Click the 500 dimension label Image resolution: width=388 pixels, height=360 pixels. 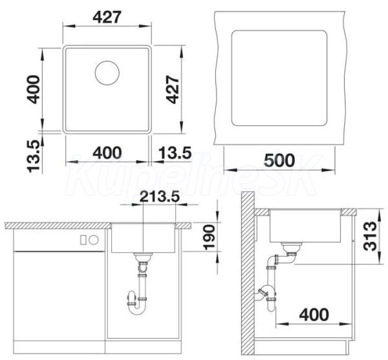(x=279, y=160)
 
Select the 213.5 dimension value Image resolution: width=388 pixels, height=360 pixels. (x=159, y=196)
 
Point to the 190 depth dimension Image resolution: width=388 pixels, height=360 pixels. (x=209, y=237)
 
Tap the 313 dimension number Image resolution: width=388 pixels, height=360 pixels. (x=370, y=236)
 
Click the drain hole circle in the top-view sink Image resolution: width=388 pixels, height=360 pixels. (x=107, y=73)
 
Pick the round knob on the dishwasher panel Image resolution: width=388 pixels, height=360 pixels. (x=94, y=240)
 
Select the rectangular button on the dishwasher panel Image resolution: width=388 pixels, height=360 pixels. (x=83, y=240)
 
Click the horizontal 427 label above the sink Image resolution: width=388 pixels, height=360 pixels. (x=107, y=17)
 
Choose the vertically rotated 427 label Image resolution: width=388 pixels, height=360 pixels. (x=173, y=89)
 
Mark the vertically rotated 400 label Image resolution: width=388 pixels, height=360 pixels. (x=34, y=89)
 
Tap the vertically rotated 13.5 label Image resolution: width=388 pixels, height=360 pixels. (x=34, y=156)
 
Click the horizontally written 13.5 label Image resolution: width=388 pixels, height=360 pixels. (x=175, y=153)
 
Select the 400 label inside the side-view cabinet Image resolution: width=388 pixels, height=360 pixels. (x=314, y=315)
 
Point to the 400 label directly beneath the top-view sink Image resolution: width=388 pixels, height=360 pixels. (x=107, y=153)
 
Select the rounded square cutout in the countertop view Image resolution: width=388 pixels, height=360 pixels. (x=279, y=78)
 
